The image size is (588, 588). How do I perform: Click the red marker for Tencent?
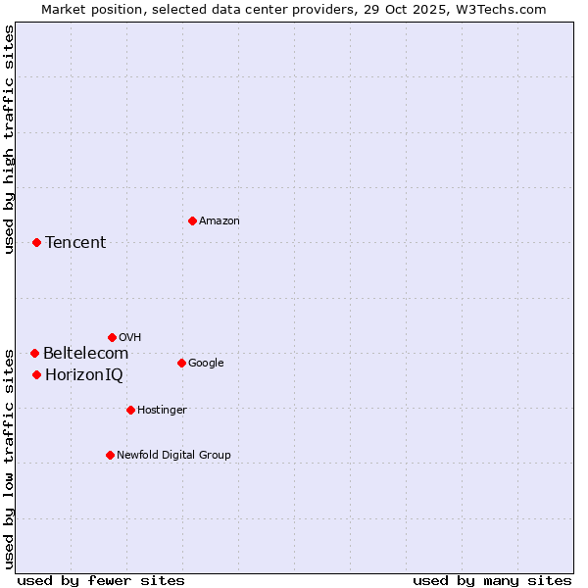pos(36,242)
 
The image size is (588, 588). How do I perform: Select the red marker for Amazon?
pos(192,220)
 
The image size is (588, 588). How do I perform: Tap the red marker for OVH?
pos(112,337)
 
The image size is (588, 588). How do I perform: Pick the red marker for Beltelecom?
pos(34,353)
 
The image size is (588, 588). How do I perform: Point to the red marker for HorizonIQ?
pos(36,374)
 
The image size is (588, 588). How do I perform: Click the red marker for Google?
pos(181,363)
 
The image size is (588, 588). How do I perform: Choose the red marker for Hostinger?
pos(130,410)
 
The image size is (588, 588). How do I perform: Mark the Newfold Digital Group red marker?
pos(110,455)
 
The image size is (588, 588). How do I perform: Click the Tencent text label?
pos(75,243)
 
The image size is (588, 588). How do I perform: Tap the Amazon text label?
pos(220,221)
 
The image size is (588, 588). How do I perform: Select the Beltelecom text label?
pos(85,354)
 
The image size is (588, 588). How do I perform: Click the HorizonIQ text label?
pos(84,375)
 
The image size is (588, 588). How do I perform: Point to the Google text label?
pos(206,364)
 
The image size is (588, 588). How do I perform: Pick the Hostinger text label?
pos(162,411)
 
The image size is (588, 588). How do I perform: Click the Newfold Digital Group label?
pos(173,456)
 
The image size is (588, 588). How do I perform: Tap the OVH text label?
pos(129,338)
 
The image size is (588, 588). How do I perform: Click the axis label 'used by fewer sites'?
pos(101,580)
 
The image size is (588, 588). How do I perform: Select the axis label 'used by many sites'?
pos(492,580)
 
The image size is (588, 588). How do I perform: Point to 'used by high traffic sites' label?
pos(10,139)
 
